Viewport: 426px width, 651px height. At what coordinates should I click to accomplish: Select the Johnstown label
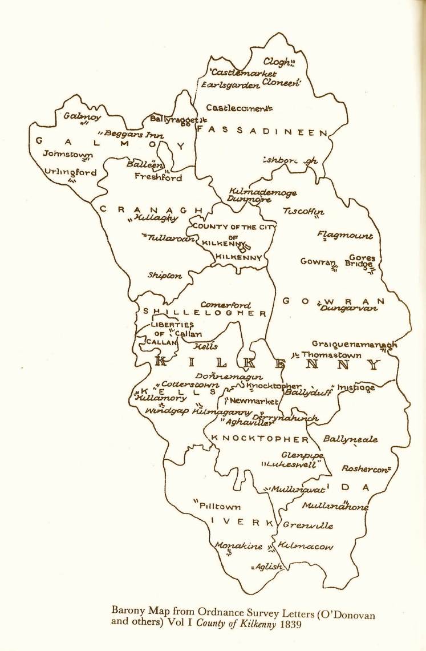(x=68, y=153)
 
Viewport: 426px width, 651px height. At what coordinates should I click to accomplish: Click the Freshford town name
(x=158, y=177)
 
